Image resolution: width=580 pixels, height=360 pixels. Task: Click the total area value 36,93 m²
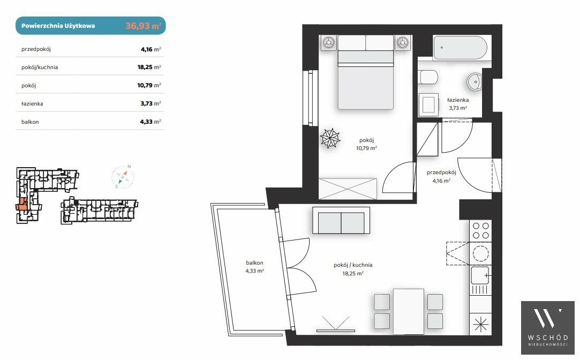coord(143,26)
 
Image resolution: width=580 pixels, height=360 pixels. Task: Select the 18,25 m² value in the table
coord(149,67)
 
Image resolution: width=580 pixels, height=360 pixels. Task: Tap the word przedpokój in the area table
coord(36,49)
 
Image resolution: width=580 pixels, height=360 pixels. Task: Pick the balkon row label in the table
coord(30,122)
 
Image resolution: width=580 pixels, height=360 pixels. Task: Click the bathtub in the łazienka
coord(460,47)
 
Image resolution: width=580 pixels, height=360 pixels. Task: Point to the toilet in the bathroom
coord(429,77)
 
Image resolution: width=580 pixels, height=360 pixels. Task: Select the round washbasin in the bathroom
coord(474,81)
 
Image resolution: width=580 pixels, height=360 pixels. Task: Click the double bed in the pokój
coord(365,72)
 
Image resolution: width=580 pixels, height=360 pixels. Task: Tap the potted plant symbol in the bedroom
coord(330,138)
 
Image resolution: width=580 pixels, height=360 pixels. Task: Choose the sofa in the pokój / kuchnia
coord(341,221)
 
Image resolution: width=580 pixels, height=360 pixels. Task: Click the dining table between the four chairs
coord(409,312)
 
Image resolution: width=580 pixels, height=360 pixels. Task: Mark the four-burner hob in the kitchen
coord(480,230)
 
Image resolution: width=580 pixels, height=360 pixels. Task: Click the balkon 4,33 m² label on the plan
coord(254,267)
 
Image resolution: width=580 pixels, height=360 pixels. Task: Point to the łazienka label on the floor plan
coord(458,100)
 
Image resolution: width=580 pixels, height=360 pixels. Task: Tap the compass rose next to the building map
coord(123,177)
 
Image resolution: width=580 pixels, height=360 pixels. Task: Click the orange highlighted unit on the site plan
coord(22,204)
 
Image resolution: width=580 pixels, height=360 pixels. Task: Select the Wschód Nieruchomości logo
coord(547,327)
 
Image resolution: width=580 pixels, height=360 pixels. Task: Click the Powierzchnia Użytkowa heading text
coord(58,26)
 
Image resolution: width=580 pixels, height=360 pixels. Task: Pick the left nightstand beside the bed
coord(328,43)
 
